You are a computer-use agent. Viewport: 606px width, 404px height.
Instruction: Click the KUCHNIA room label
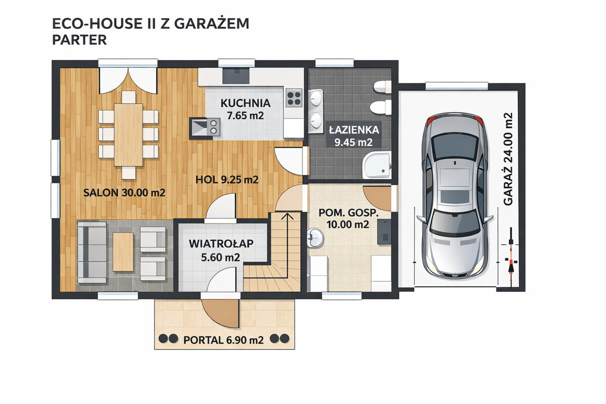tap(245, 103)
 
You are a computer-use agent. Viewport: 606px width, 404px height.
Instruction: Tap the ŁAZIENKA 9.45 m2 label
tap(354, 136)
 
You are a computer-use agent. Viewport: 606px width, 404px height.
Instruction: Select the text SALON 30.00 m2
tap(124, 193)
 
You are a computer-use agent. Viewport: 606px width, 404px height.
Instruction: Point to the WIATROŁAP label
tap(221, 243)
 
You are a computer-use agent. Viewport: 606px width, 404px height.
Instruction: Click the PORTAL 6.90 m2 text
tap(223, 340)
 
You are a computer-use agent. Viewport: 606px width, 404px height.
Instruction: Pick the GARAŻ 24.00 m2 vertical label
tap(508, 159)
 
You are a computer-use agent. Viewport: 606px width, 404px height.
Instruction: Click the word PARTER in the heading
tap(79, 40)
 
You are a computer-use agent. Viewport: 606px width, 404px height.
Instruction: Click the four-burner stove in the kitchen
tap(294, 98)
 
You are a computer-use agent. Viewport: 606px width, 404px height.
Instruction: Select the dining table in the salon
tap(128, 135)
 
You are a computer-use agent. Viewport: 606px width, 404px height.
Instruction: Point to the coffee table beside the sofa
tap(123, 251)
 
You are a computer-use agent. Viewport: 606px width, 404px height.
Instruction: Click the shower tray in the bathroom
tap(377, 165)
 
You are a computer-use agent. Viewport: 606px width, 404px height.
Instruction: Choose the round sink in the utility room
tap(315, 237)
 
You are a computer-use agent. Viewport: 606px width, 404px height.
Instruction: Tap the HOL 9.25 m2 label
tap(227, 180)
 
